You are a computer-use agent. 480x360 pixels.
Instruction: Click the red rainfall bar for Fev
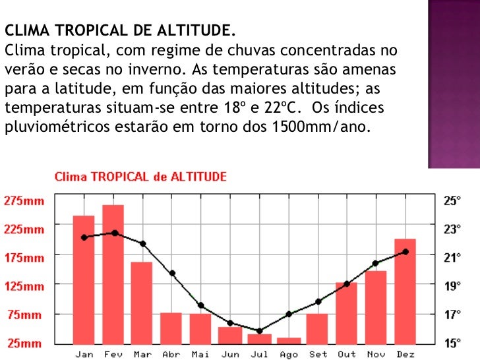(113, 274)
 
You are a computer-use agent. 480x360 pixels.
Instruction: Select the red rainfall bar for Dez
(405, 290)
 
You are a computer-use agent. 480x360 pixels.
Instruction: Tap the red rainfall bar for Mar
(142, 302)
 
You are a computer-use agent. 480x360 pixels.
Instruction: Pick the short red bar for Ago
(288, 340)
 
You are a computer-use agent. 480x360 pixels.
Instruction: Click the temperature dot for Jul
(259, 330)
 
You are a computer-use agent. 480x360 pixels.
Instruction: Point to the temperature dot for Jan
(84, 237)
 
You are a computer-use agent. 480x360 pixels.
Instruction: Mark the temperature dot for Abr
(172, 273)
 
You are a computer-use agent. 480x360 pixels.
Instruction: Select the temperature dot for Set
(318, 301)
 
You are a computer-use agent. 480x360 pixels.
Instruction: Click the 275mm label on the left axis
(24, 200)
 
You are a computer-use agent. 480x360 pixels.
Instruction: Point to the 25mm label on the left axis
(24, 343)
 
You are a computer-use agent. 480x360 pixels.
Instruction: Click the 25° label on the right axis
(452, 200)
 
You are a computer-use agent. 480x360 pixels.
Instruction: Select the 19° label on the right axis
(452, 286)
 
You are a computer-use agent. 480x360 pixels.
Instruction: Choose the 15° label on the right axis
(452, 343)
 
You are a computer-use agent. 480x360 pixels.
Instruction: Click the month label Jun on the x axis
(230, 354)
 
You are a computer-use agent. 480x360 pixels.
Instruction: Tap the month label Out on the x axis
(346, 354)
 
